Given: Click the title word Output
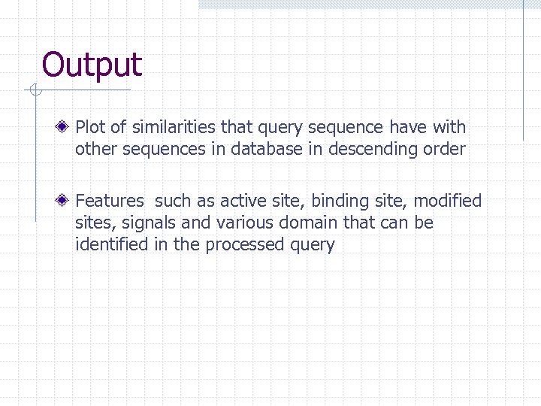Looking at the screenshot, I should tap(92, 65).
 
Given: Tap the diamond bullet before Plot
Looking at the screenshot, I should tap(67, 127).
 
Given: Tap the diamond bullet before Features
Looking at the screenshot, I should tap(67, 201).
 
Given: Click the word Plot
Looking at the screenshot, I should tap(90, 127).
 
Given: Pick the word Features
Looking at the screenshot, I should tap(110, 201).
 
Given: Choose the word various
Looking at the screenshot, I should tap(243, 223).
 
